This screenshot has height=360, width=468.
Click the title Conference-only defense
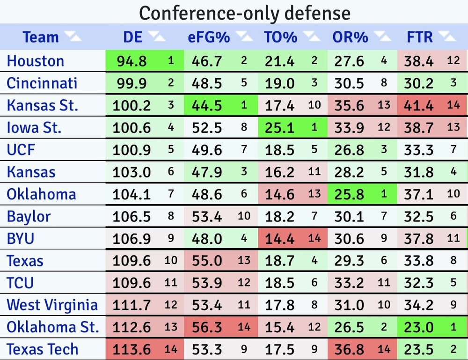click(244, 13)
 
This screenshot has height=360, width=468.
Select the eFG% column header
click(210, 37)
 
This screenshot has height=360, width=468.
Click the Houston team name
click(36, 61)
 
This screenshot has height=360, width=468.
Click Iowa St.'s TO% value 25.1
click(279, 127)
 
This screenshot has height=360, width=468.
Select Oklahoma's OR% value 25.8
click(349, 194)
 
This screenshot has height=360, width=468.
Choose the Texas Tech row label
click(42, 349)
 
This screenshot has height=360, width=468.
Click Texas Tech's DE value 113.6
click(132, 349)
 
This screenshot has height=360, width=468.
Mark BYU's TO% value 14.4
click(279, 239)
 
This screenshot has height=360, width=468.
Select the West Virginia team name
click(52, 305)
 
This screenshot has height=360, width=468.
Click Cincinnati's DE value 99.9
click(130, 83)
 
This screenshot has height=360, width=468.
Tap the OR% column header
click(350, 37)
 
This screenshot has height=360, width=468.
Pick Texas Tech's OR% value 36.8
click(349, 349)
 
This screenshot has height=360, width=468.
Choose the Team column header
click(41, 37)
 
